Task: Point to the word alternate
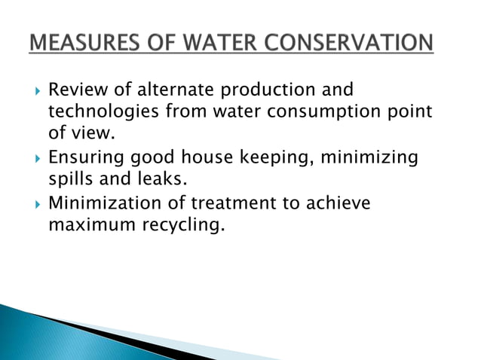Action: tap(159, 91)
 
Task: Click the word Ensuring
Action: tap(84, 159)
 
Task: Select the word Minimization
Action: tap(105, 203)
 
